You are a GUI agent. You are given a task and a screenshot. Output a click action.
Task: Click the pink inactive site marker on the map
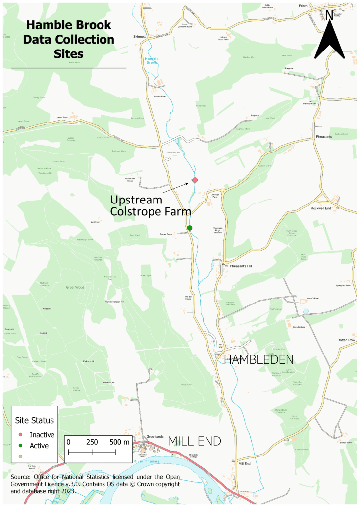tap(195, 180)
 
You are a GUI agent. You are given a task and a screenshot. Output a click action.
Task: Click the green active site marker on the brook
tap(190, 228)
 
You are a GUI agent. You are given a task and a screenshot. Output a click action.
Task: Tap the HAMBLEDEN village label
tap(259, 359)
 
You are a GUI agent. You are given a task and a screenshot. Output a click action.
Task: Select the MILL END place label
tap(194, 441)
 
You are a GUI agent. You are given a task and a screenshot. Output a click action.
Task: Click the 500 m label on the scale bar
tap(119, 442)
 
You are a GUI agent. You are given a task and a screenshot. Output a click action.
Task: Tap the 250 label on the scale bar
tap(92, 442)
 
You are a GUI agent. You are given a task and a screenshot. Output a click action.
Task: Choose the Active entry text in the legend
tap(39, 445)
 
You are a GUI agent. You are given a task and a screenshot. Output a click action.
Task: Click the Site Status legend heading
tap(34, 420)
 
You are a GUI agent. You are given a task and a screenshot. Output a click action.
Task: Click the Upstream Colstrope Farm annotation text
tap(151, 206)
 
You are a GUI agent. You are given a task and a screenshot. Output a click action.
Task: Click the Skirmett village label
tap(141, 36)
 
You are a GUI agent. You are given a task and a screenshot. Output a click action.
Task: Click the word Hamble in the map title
tap(50, 25)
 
